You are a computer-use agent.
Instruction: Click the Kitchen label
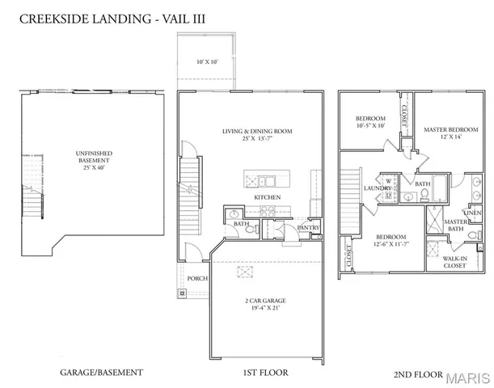[x=268, y=197]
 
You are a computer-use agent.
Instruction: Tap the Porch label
[x=197, y=279]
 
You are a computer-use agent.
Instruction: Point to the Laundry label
[x=376, y=189]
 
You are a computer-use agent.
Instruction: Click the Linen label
[x=473, y=213]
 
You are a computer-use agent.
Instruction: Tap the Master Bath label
[x=456, y=226]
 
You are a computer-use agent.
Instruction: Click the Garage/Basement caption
[x=102, y=373]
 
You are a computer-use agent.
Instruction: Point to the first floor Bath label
[x=239, y=223]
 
